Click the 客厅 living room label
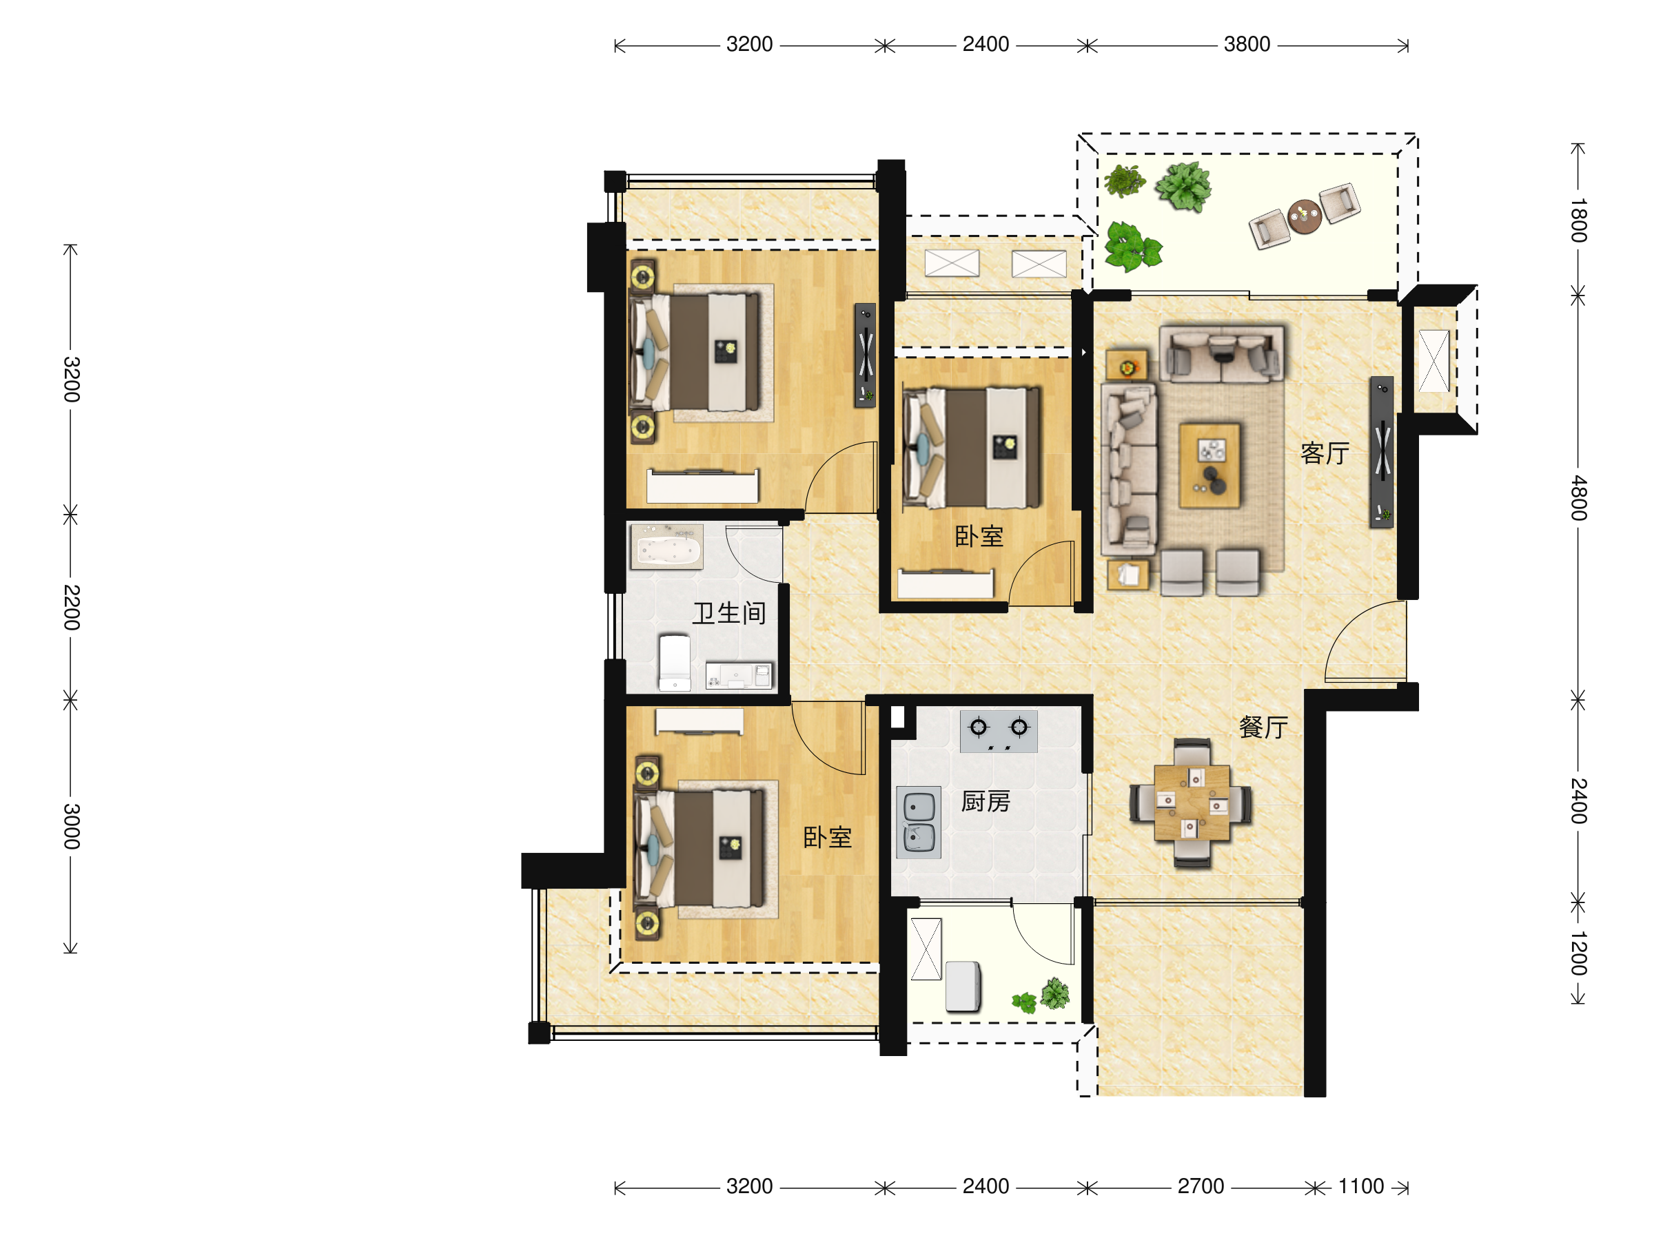pos(1325,454)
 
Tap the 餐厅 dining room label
pos(1264,727)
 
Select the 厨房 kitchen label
pos(986,802)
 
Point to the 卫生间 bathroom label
pos(729,614)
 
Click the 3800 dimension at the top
pos(1247,44)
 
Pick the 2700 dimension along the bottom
pos(1200,1186)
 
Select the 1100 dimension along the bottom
pos(1360,1186)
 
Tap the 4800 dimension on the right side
pos(1578,498)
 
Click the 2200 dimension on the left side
pos(71,608)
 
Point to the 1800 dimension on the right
pos(1578,220)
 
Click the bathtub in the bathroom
pos(667,546)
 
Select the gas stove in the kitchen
pos(998,731)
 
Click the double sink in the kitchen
pos(919,822)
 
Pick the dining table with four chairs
pos(1191,803)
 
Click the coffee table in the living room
pos(1209,466)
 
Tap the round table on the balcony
pos(1305,217)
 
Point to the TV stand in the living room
pos(1382,452)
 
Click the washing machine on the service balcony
pos(963,986)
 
